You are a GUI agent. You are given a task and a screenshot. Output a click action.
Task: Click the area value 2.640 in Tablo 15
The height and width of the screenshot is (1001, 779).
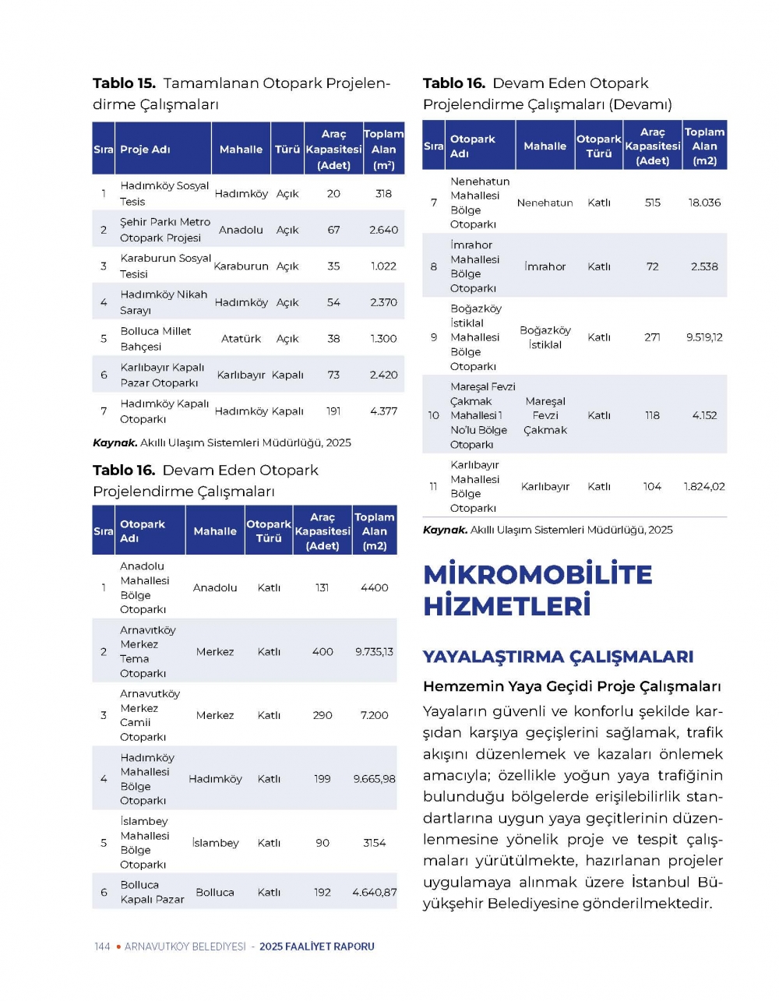383,230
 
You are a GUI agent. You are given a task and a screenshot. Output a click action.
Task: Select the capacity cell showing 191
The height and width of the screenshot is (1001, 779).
333,411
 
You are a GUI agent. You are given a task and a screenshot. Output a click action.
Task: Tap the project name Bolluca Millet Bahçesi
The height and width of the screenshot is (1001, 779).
155,339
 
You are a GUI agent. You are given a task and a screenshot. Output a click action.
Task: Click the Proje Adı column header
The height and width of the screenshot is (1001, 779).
145,150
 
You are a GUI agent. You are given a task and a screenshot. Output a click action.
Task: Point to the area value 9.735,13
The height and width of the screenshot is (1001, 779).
374,651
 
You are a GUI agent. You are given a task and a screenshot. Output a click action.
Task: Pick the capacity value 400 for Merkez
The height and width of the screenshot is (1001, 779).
323,651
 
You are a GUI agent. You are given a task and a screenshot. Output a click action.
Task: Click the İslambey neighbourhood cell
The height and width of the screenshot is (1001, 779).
215,843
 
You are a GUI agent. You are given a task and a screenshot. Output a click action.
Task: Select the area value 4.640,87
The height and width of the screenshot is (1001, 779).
374,893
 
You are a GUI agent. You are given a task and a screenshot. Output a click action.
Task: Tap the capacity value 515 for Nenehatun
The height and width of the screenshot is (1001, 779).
653,203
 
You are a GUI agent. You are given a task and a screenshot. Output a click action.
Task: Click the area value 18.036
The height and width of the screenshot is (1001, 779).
704,203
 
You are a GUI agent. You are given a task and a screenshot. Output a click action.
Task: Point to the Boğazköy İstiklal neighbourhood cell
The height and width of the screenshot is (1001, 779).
545,337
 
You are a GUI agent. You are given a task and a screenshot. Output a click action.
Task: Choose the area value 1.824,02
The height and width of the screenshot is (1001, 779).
704,487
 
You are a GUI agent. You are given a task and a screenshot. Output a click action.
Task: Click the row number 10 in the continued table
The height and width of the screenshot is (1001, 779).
433,415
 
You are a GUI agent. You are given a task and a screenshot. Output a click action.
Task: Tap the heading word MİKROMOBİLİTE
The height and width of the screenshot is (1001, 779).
538,575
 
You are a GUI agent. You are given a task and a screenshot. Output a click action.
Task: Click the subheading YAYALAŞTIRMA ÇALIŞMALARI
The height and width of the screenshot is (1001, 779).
558,657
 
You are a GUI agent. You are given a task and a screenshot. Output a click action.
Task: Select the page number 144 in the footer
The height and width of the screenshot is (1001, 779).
102,946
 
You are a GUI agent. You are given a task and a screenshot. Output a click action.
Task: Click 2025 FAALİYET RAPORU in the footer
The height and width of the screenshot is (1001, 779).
317,946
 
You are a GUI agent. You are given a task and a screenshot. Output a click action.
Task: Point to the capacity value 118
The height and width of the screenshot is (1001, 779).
653,415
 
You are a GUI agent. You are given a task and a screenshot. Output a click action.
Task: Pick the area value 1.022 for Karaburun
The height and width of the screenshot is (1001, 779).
383,266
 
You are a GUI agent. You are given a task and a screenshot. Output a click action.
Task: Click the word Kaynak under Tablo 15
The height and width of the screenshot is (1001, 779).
115,442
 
